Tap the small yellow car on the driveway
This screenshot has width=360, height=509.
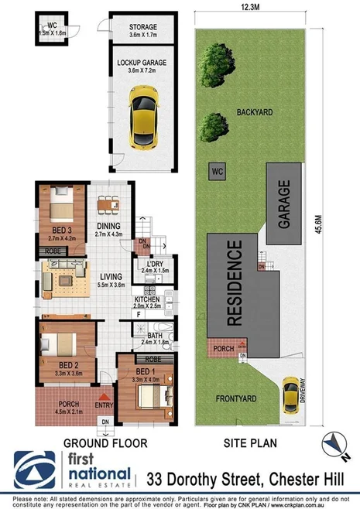290,393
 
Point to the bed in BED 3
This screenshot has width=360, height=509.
61,209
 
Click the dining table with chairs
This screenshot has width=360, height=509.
108,205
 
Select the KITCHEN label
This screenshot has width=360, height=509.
146,299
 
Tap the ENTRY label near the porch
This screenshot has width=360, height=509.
103,405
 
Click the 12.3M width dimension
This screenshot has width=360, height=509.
250,7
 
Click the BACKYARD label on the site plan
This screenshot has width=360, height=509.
255,111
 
